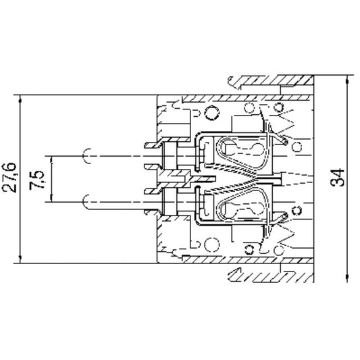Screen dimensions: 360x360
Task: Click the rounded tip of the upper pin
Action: tap(84, 157)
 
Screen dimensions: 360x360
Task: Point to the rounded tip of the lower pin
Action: tap(84, 200)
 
